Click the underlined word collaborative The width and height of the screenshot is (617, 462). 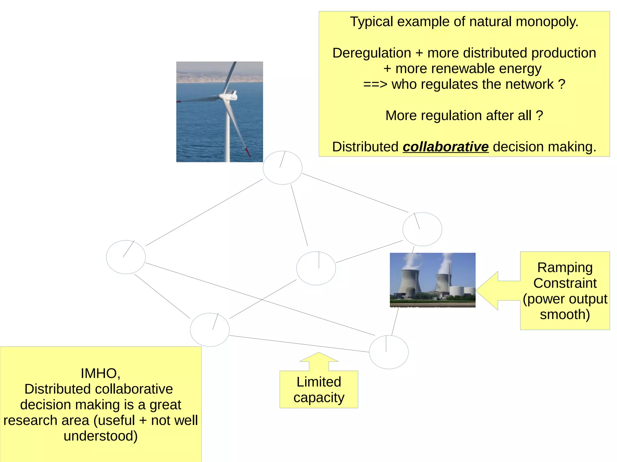tap(445, 147)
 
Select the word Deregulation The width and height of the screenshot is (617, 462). tap(371, 53)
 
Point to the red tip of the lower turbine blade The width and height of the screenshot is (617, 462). tap(247, 152)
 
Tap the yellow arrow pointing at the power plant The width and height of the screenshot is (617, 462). tap(494, 290)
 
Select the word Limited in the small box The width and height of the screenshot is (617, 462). tap(319, 382)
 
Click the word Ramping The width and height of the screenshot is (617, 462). tap(565, 268)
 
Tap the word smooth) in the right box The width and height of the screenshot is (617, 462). tap(565, 315)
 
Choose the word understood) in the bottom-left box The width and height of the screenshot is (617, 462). tap(101, 436)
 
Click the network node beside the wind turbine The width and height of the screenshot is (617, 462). tap(282, 168)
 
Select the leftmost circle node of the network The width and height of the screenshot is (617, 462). tap(126, 257)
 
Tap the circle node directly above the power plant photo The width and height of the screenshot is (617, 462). tap(422, 229)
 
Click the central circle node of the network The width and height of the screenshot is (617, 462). tap(316, 268)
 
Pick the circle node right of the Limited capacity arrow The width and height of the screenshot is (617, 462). tap(389, 352)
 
